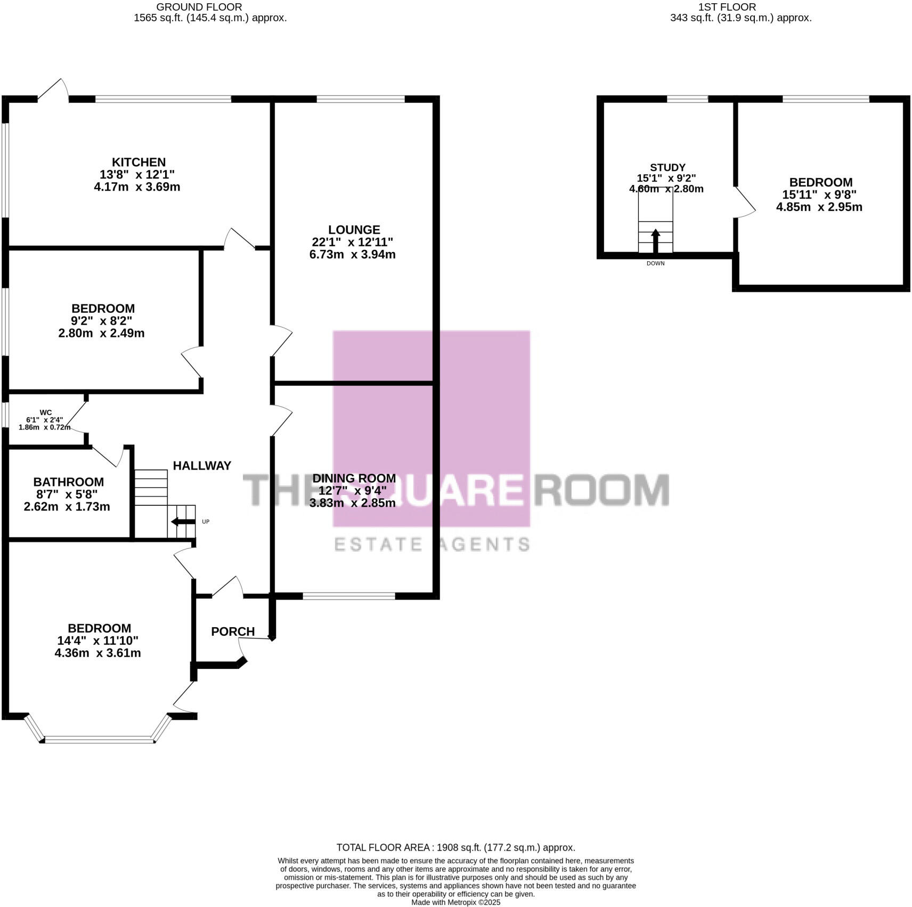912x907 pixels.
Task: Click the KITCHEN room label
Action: tap(139, 162)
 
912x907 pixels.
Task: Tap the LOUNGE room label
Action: tap(354, 230)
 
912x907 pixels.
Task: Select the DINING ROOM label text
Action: tap(354, 478)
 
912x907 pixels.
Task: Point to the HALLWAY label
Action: tap(202, 466)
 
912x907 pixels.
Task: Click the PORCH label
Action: tap(233, 631)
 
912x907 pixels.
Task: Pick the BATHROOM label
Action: tap(68, 482)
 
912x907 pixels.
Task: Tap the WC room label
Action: tap(46, 412)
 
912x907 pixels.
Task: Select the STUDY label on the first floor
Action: tap(667, 167)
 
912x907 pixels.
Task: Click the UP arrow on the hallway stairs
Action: tap(182, 522)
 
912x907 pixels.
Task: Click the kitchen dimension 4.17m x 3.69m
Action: tap(137, 187)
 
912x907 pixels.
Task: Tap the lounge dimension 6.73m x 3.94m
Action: tap(352, 255)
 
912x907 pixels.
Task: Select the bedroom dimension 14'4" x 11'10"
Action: tap(97, 641)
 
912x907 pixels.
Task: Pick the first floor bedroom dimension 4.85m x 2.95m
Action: tap(819, 207)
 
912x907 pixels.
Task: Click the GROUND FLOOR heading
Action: tap(199, 7)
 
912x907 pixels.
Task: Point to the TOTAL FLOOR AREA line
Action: tap(455, 847)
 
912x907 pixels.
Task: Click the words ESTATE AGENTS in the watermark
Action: tap(431, 544)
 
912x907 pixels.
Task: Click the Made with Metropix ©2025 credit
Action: tap(455, 903)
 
